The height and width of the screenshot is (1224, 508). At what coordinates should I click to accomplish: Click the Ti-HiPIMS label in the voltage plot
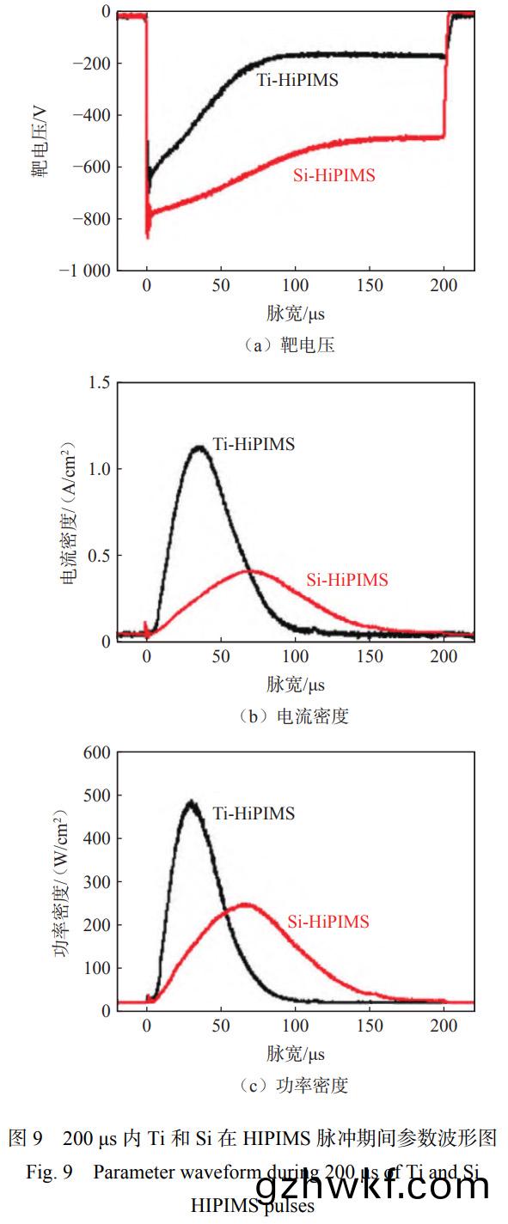(x=297, y=81)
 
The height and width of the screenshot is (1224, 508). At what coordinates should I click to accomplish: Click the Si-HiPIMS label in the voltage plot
(x=333, y=175)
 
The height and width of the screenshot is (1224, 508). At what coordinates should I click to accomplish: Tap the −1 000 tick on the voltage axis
(x=85, y=271)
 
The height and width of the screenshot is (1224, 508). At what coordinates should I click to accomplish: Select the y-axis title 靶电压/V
(x=40, y=141)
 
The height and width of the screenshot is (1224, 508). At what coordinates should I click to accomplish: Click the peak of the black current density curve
(x=199, y=447)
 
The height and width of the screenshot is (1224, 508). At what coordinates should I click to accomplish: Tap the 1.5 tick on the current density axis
(x=100, y=382)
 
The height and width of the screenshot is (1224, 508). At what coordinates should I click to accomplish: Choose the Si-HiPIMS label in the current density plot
(x=347, y=580)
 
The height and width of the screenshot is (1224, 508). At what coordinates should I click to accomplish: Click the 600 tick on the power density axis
(x=96, y=752)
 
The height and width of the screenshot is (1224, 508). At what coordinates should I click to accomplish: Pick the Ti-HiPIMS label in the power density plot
(x=254, y=813)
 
